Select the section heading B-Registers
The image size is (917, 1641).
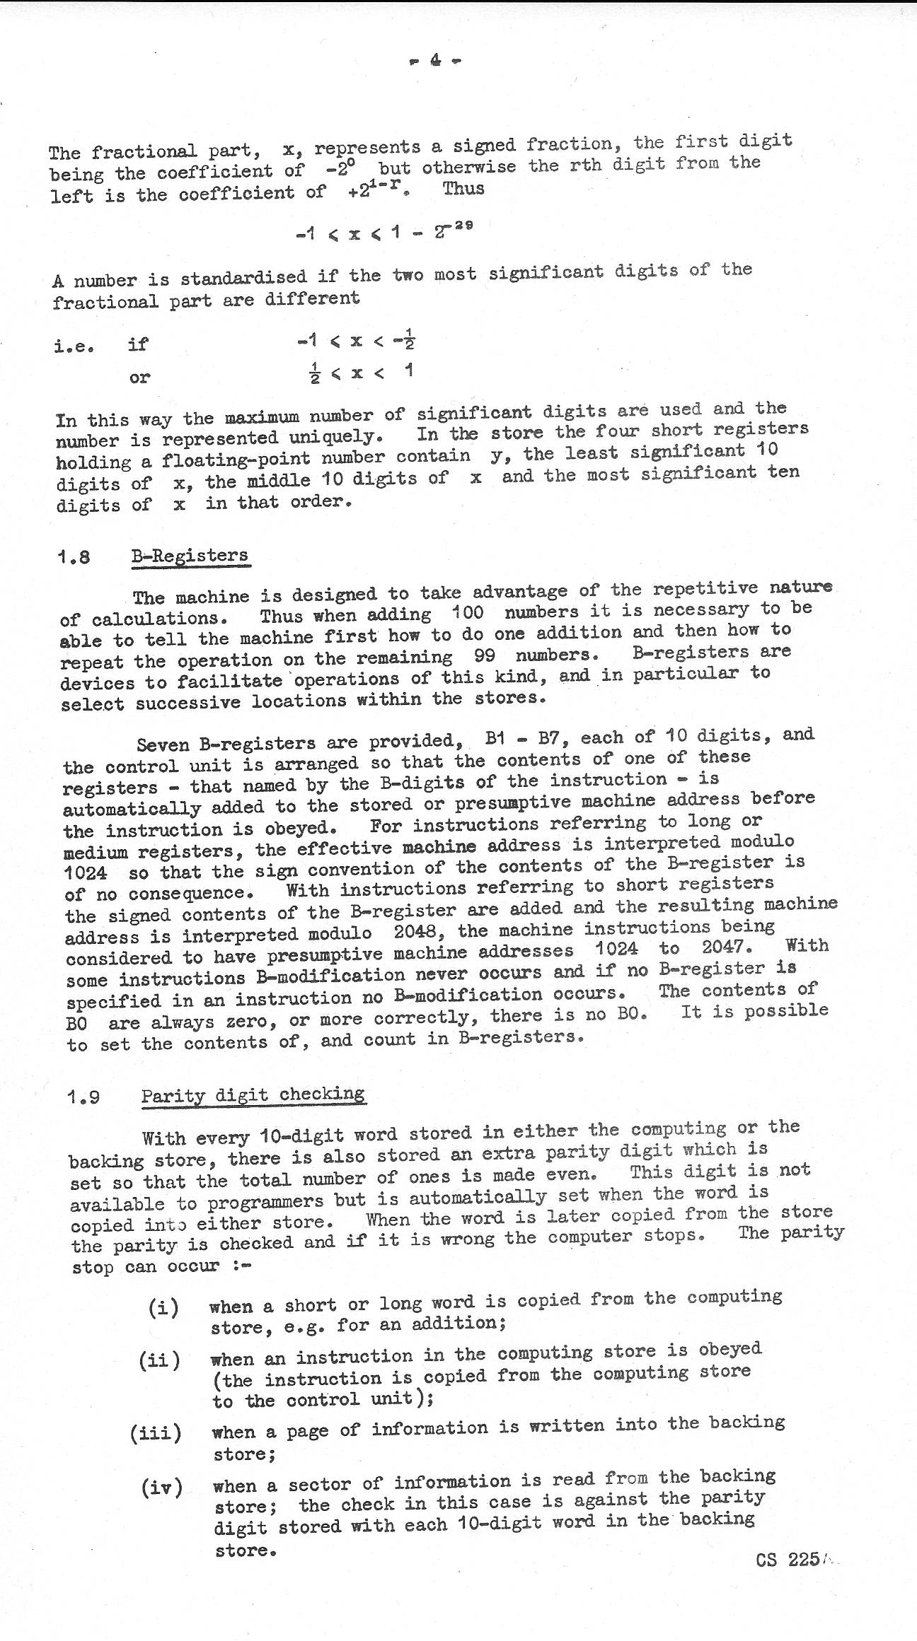click(x=190, y=555)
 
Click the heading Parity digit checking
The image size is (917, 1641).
click(x=253, y=1095)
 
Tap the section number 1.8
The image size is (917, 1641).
click(x=74, y=556)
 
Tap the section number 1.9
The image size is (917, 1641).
click(x=83, y=1097)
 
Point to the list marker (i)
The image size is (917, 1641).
click(x=163, y=1307)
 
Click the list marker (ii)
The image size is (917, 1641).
click(x=160, y=1360)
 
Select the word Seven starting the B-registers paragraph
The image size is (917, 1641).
click(x=163, y=744)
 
